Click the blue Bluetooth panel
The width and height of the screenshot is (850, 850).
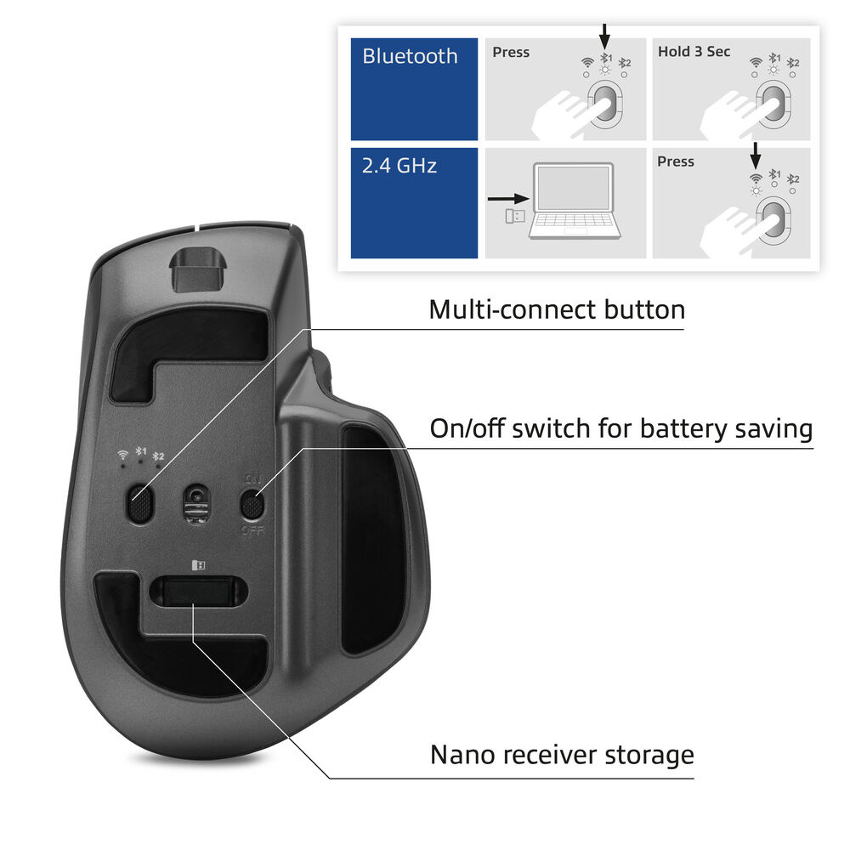(414, 89)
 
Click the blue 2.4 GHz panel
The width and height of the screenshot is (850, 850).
(414, 203)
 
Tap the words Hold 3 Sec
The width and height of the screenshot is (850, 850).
(694, 52)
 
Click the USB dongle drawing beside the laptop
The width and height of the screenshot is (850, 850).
(515, 216)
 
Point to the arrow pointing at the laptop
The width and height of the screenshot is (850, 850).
(508, 200)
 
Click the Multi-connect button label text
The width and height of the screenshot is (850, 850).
(557, 309)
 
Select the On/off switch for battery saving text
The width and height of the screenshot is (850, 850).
(620, 428)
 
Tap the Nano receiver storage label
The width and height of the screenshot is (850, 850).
(562, 754)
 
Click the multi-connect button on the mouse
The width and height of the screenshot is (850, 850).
(139, 505)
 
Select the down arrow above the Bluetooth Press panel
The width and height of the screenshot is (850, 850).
(604, 35)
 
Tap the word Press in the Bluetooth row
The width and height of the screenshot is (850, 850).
(511, 53)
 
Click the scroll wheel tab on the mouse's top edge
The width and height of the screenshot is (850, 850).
(195, 269)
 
